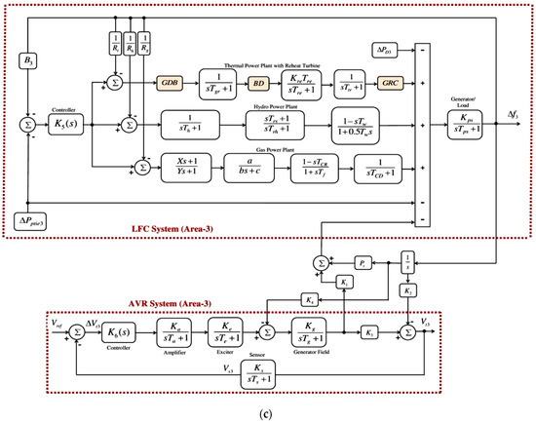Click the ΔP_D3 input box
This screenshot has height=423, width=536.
385,48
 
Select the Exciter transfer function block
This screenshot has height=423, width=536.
228,335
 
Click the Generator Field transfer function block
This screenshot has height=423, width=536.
314,335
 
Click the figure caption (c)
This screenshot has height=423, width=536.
266,412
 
